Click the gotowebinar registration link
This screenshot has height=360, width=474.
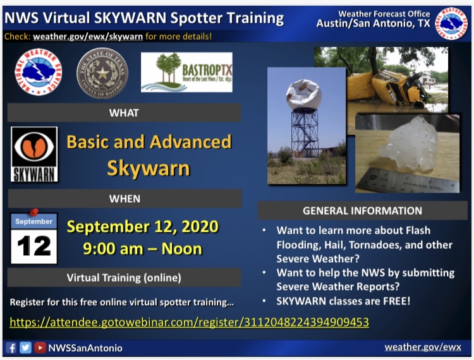(189, 322)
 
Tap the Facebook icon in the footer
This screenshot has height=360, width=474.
(11, 347)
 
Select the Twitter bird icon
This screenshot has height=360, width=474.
(25, 347)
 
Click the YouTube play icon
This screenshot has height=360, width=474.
(39, 347)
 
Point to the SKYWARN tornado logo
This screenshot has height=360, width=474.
(34, 154)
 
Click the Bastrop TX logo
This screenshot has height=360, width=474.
(186, 73)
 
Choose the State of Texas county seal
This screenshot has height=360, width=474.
(102, 73)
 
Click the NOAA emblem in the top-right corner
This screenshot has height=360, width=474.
(451, 23)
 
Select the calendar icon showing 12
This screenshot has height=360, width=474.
(34, 238)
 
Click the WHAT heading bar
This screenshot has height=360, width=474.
(124, 113)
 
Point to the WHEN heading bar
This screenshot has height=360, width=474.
(124, 199)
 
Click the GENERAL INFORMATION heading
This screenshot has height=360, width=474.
(362, 211)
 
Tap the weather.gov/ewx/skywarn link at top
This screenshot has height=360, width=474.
(88, 37)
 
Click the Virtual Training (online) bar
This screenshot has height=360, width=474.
(124, 277)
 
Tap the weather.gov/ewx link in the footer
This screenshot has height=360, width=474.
(423, 347)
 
